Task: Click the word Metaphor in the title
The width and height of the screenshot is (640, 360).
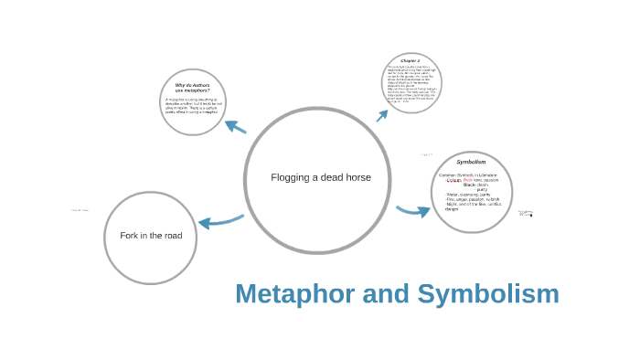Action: point(291,294)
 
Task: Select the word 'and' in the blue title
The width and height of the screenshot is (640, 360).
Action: point(384,294)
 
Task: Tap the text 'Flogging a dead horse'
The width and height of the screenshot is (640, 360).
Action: point(321,177)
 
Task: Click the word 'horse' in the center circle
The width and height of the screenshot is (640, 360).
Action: point(357,177)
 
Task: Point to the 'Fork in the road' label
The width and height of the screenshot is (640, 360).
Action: point(151,236)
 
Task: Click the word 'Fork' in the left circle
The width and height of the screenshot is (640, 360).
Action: point(130,236)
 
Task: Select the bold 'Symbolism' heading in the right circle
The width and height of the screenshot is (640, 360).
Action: point(471,162)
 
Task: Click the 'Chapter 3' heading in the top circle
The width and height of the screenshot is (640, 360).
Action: point(411,60)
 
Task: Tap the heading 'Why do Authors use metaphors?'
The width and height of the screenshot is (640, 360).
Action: point(192,88)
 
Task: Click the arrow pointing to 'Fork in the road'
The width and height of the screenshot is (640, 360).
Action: point(219,221)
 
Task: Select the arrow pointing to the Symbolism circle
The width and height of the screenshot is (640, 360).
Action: point(413,211)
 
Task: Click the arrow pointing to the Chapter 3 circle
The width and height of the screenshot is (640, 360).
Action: point(382,115)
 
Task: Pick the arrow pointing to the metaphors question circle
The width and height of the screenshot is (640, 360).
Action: point(235,127)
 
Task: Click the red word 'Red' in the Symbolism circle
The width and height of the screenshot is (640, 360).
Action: point(467,180)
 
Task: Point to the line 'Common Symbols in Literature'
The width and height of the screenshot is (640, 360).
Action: point(467,175)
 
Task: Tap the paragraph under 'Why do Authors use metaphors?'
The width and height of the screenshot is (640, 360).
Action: point(192,105)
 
